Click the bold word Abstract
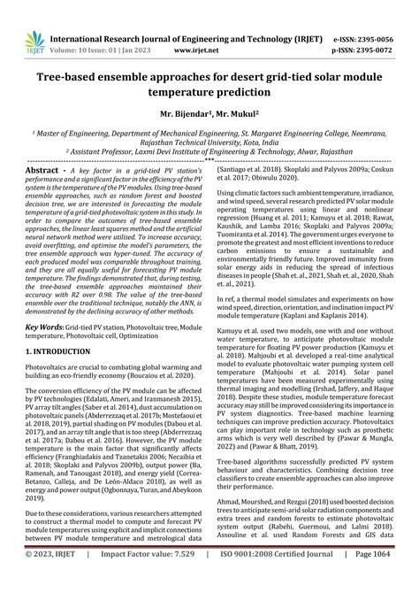click(42, 169)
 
